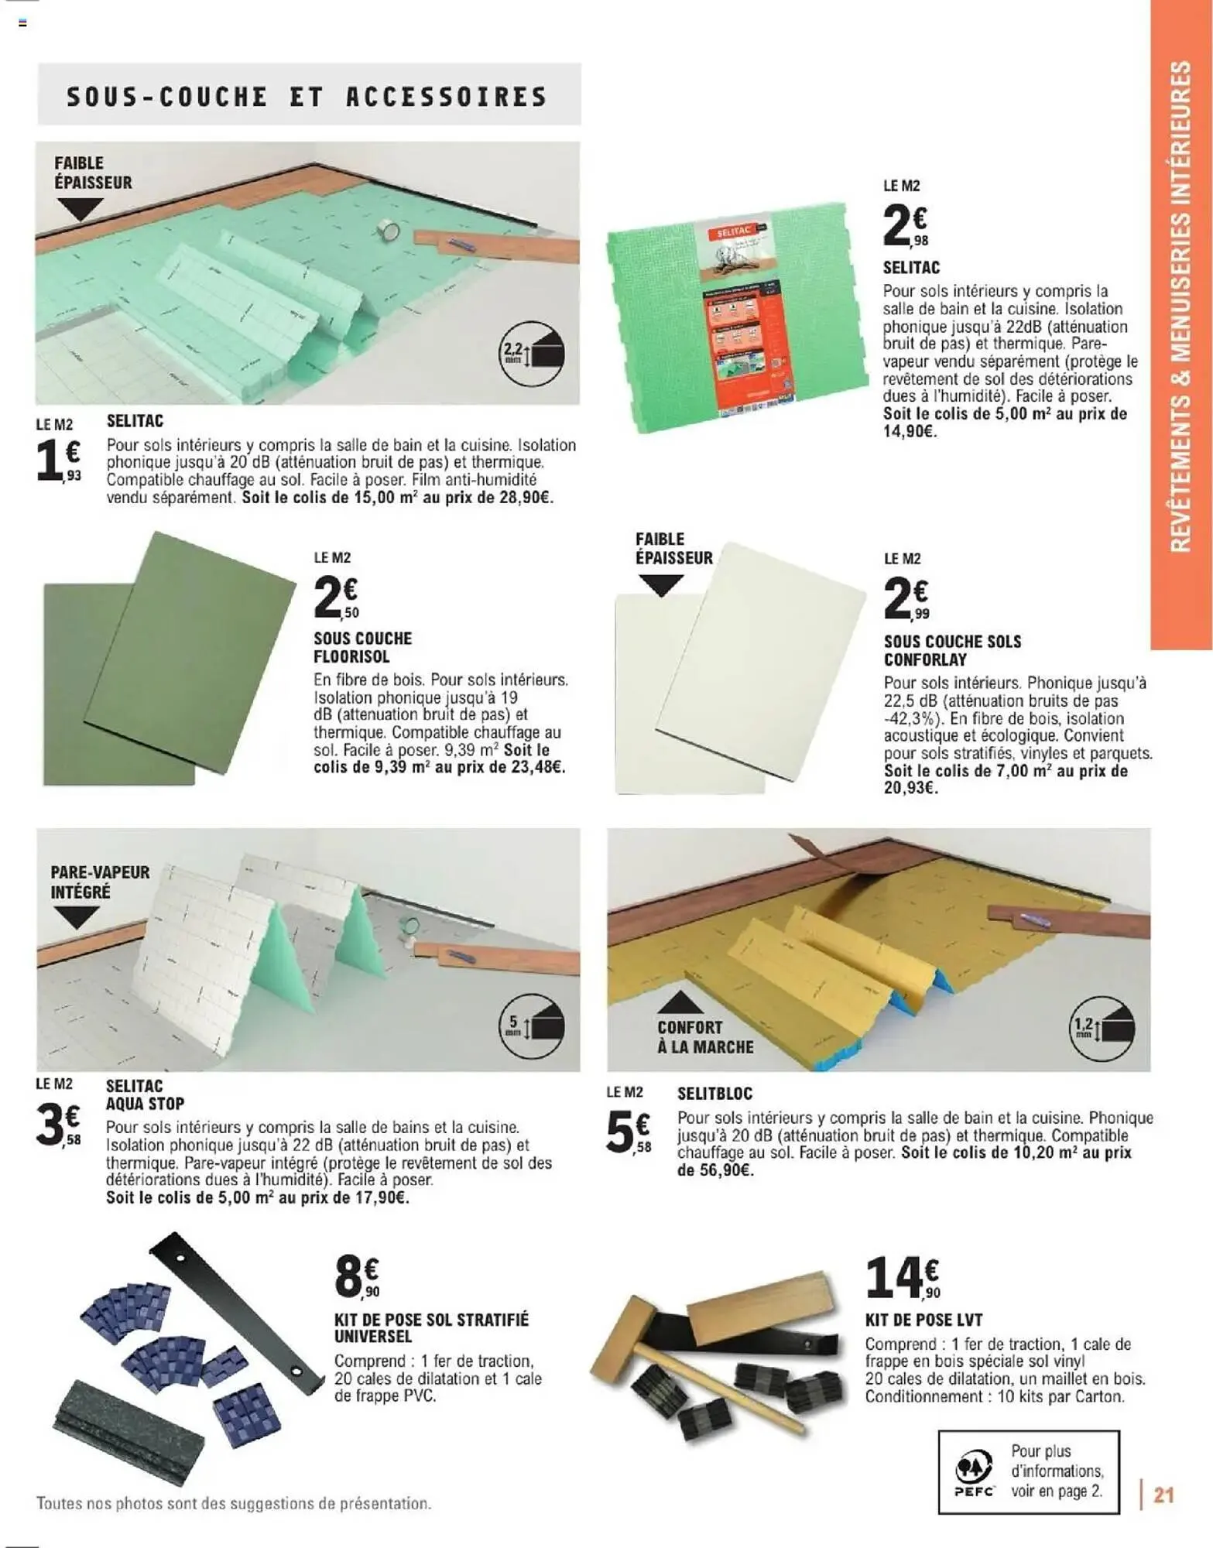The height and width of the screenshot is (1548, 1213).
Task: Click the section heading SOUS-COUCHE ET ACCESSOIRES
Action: tap(307, 97)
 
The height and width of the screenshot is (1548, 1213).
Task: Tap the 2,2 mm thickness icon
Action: tap(532, 355)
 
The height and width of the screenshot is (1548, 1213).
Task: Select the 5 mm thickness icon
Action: tap(532, 1026)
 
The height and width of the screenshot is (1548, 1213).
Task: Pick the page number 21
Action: tap(1163, 1495)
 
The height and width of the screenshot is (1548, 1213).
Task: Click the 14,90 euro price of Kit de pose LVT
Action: tap(903, 1278)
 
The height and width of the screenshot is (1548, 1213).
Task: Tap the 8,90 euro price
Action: tap(357, 1278)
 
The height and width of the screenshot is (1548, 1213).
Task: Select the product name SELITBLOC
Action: tap(714, 1094)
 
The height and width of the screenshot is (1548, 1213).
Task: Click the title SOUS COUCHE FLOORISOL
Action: tap(362, 648)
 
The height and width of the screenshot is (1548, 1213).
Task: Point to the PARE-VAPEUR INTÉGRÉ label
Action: tap(100, 882)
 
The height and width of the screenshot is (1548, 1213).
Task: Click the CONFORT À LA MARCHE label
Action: tap(705, 1037)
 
